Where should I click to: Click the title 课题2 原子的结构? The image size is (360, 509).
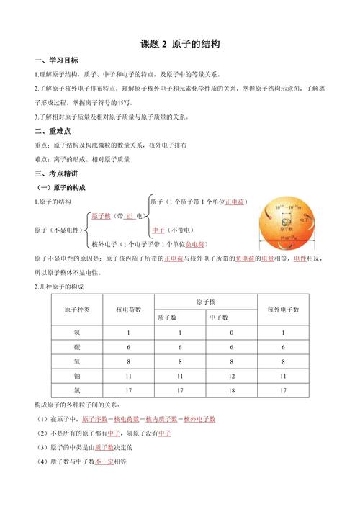coord(181,45)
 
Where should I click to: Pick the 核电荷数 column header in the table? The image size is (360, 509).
coord(128,310)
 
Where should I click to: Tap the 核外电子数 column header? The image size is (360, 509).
coord(284,310)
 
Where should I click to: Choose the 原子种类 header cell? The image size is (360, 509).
coord(78,310)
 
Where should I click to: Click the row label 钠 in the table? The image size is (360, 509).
coord(78,376)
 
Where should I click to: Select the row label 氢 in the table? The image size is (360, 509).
coord(78,333)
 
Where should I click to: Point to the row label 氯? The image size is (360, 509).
coord(78,390)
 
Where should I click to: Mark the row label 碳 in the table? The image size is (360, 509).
coord(78,347)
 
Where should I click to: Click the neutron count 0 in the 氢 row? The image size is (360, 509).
coord(230,333)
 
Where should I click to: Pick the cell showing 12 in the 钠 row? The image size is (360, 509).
coord(230,376)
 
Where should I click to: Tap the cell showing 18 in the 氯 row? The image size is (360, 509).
coord(230,390)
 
